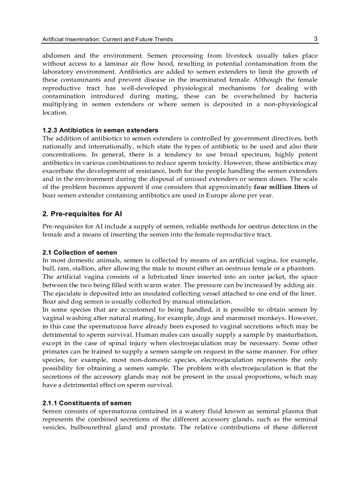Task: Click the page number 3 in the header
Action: pos(315,39)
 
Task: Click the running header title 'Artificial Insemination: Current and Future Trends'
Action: pos(107,39)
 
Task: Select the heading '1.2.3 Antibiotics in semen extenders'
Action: pos(100,130)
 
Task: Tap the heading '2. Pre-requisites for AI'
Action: pos(82,214)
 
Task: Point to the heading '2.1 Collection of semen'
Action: pos(79,253)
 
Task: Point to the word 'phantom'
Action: pos(302,268)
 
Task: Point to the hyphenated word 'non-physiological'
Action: pos(289,104)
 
